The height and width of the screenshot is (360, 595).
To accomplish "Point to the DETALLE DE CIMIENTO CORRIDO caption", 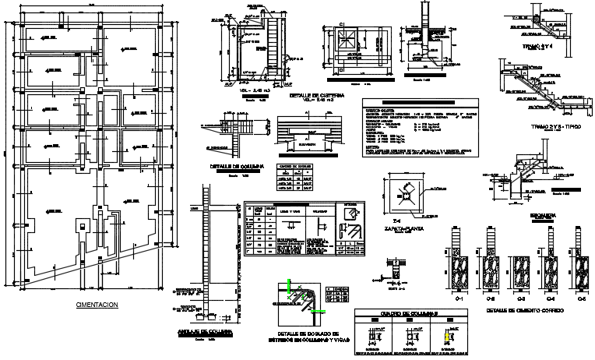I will [518, 310].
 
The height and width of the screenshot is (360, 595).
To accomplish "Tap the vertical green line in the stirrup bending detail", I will [290, 288].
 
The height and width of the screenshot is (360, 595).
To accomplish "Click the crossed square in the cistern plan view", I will [343, 40].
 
